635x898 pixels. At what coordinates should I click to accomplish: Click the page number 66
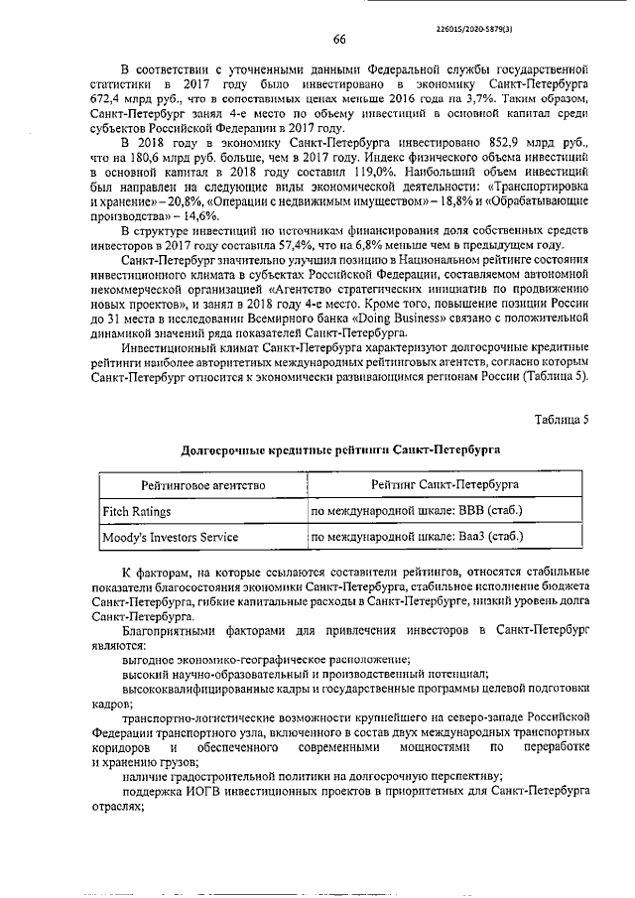[338, 40]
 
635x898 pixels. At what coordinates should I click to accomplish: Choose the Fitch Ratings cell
[138, 511]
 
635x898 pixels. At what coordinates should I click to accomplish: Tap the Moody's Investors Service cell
[171, 537]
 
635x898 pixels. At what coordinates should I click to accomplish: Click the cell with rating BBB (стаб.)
[416, 511]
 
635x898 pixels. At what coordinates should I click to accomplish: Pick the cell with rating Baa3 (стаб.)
[417, 537]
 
